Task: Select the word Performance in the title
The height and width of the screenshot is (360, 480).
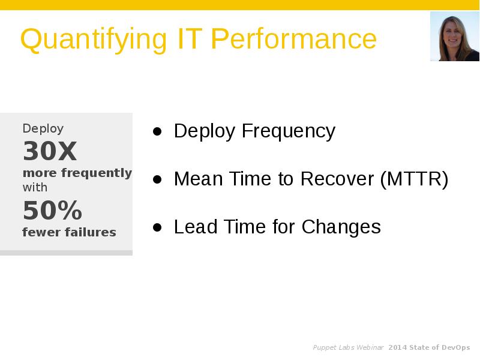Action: pos(293,40)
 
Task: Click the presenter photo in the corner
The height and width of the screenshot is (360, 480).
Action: pos(454,37)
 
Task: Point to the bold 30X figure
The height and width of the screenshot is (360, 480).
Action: pos(50,151)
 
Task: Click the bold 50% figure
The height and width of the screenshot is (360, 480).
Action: pos(52,211)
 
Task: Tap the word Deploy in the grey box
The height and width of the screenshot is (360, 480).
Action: pos(43,128)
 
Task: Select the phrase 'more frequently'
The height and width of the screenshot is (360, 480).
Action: pos(77,173)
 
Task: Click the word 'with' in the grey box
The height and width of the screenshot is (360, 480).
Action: pos(35,187)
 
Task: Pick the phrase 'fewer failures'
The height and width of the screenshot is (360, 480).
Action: pos(69,232)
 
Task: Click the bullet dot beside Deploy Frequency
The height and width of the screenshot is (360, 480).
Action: pos(157,131)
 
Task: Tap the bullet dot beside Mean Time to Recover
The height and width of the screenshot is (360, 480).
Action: pos(157,179)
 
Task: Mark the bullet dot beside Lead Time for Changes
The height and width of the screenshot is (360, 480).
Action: pos(157,227)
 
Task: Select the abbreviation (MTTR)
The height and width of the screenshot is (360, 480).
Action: pos(414,179)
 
